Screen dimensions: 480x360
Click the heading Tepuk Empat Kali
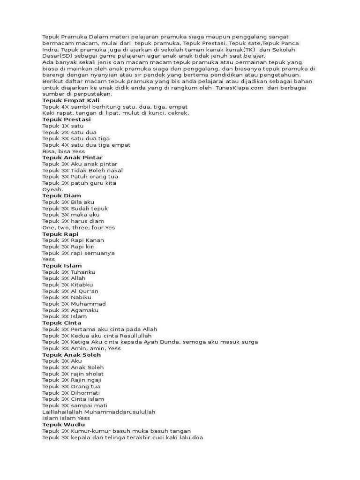click(71, 100)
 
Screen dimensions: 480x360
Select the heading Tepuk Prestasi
click(67, 120)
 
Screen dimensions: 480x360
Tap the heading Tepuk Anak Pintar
click(72, 157)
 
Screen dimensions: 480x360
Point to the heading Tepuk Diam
click(61, 195)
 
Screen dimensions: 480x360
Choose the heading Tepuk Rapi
click(60, 234)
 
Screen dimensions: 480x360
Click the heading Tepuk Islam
click(62, 266)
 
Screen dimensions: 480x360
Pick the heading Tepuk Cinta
click(61, 323)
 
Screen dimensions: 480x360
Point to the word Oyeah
click(52, 189)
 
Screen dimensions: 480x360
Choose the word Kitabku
click(82, 285)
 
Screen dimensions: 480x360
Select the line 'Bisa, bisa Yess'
click(63, 151)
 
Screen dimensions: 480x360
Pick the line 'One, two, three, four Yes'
click(78, 227)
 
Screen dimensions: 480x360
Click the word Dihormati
click(85, 393)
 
